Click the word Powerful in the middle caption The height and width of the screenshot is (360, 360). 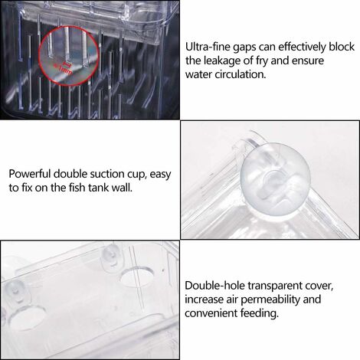pyautogui.click(x=30, y=174)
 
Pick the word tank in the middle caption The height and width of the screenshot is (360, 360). pyautogui.click(x=99, y=188)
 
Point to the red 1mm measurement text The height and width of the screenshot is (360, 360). pyautogui.click(x=63, y=68)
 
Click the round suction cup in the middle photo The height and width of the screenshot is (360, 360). pyautogui.click(x=275, y=178)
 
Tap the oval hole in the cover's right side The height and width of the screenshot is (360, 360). pyautogui.click(x=136, y=277)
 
